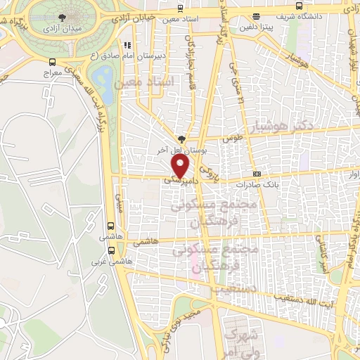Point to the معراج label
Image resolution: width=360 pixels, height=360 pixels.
(53, 72)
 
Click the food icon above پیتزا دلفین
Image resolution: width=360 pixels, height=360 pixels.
(255, 16)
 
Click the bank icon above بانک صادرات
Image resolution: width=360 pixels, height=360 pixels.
(257, 174)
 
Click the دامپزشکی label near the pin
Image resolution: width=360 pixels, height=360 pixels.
(178, 180)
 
